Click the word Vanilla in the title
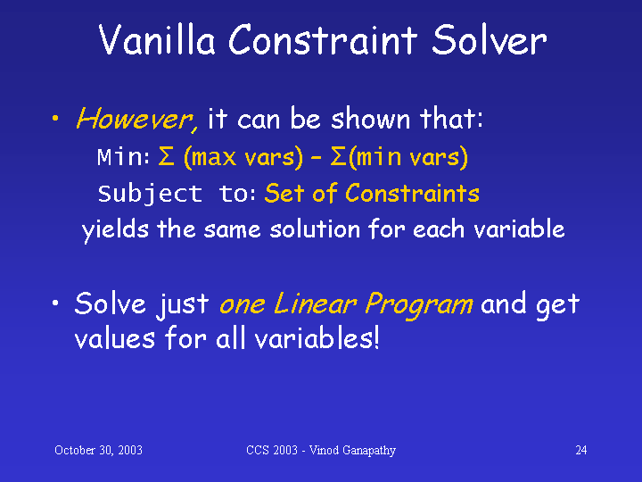click(157, 39)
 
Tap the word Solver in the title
click(490, 39)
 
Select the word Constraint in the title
click(323, 39)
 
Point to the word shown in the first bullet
click(370, 119)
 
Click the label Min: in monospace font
click(123, 156)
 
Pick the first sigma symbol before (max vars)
click(166, 156)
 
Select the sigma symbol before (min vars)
click(338, 156)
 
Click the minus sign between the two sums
click(316, 157)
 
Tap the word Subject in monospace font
click(150, 194)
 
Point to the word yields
click(115, 229)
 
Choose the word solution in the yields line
click(315, 229)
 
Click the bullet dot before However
click(55, 119)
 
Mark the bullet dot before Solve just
click(55, 303)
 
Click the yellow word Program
click(419, 305)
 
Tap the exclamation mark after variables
click(376, 339)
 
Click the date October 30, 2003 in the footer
click(98, 450)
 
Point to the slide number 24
click(581, 450)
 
